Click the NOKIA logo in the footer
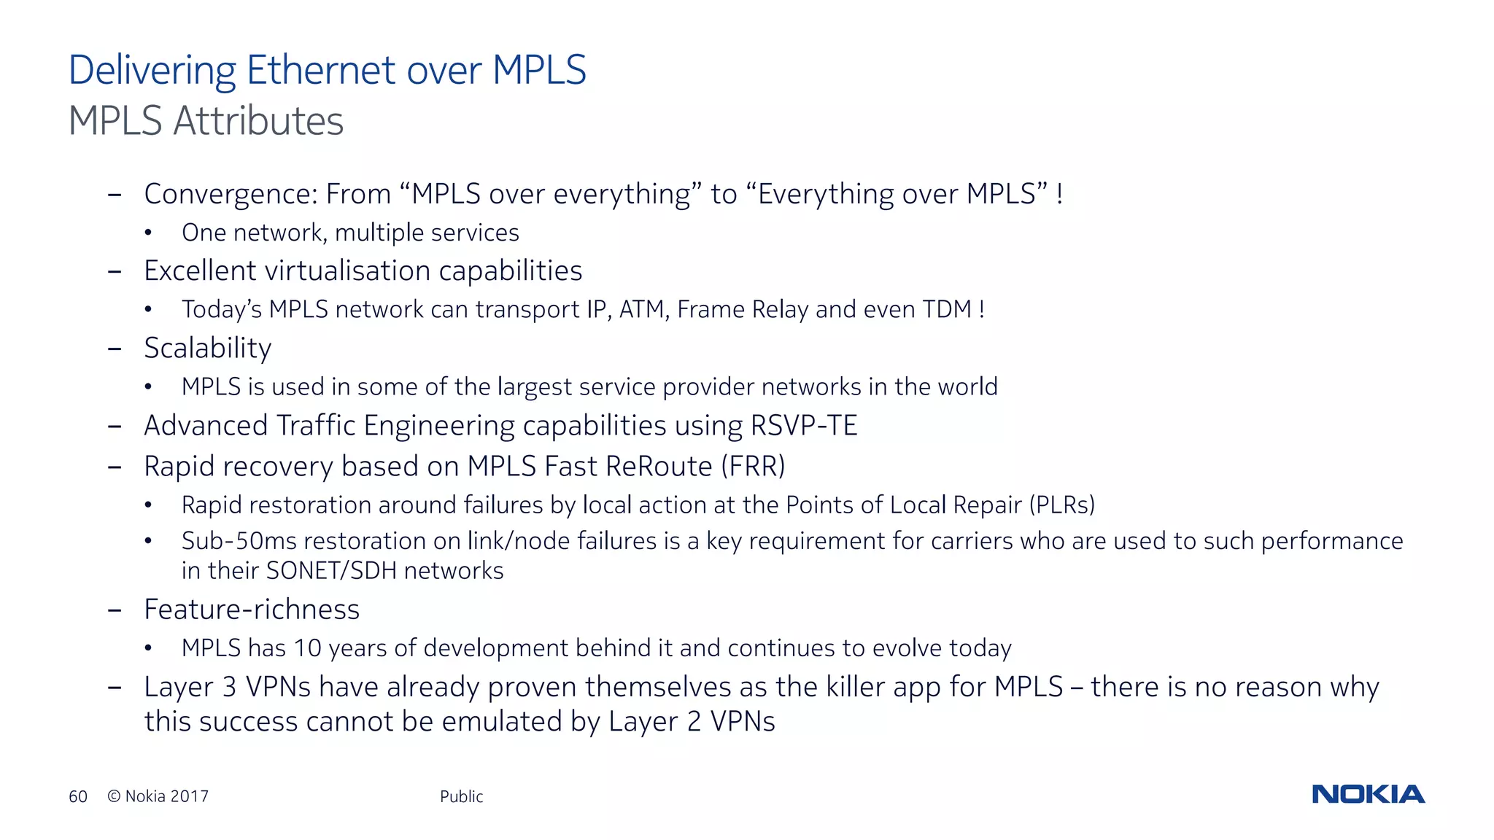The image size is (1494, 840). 1368,794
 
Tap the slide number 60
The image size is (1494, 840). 78,796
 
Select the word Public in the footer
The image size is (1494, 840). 461,796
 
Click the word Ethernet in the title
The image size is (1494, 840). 320,70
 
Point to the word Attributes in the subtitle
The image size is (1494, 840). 258,121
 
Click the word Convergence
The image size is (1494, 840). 231,195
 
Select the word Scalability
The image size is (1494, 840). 208,349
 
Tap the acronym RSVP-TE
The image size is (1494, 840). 804,426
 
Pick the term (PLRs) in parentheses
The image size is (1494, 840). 1062,505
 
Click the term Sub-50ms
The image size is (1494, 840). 239,541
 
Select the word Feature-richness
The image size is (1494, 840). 252,610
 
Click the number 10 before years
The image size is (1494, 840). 307,647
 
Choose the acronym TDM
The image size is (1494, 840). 947,309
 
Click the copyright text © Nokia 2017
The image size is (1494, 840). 158,796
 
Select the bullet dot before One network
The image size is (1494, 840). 148,233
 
